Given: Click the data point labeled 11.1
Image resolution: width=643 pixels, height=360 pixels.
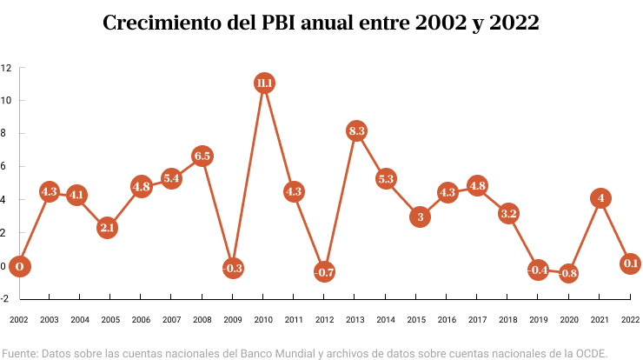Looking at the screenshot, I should [x=264, y=83].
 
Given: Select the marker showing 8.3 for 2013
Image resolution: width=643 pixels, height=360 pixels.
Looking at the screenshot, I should [x=356, y=131].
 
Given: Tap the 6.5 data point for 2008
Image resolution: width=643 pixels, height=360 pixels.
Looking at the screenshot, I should [x=202, y=157].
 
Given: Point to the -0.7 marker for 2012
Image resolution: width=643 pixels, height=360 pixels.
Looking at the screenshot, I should [x=325, y=272].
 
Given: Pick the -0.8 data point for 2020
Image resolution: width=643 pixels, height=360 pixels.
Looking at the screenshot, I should [x=569, y=274].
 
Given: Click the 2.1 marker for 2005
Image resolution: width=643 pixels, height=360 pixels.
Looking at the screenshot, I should [x=107, y=228].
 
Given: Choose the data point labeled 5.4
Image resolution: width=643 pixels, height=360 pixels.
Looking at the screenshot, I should [x=171, y=179].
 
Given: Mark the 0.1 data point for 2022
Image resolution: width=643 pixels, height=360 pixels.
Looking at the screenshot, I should [x=631, y=263].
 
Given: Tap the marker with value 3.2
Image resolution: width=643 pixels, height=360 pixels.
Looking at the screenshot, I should [x=509, y=213].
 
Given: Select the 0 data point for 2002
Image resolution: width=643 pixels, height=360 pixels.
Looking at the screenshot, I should [x=19, y=266].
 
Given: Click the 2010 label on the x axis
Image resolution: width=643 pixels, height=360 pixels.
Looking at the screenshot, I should [x=264, y=320].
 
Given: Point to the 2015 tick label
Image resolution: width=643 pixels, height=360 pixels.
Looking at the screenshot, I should [x=417, y=320].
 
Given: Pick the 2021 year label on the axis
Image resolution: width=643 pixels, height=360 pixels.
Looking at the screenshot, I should [x=600, y=320].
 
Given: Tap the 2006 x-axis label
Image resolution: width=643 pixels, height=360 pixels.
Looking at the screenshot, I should [x=142, y=320].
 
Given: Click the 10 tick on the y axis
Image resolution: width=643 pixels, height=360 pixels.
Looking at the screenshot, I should [x=5, y=100].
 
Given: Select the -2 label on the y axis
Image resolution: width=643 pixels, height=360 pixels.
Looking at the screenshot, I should [x=4, y=298].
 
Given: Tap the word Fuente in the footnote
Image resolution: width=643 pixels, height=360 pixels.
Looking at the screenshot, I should [x=19, y=352].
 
